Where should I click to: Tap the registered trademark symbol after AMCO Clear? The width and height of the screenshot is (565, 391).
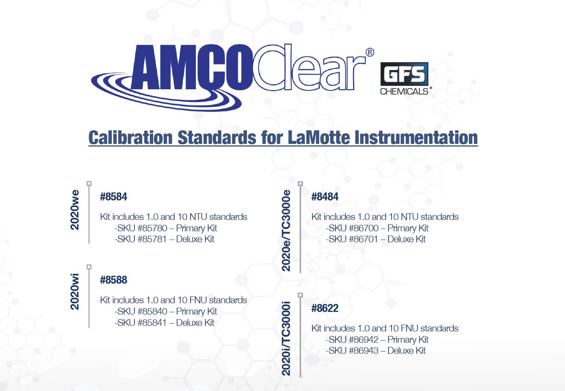[370, 52]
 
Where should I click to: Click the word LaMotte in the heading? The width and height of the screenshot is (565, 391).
[318, 137]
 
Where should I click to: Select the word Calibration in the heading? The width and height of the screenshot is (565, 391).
[130, 137]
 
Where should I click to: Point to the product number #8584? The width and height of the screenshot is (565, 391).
[114, 197]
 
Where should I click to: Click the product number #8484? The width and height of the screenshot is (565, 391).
[325, 197]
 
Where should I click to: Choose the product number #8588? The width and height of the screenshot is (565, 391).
[114, 280]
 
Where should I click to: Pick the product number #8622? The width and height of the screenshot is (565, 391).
[325, 308]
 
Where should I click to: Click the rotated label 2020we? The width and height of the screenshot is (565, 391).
[75, 210]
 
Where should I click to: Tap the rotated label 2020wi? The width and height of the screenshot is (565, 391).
[75, 292]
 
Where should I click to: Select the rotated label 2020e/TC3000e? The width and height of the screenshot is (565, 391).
[286, 231]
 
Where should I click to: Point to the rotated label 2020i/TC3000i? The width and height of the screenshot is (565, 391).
[286, 338]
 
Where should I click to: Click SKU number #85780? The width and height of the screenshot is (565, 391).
[152, 228]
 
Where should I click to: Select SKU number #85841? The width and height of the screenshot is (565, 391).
[152, 322]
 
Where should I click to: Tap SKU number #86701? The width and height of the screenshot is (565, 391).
[364, 239]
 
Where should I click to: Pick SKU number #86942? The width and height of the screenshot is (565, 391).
[364, 340]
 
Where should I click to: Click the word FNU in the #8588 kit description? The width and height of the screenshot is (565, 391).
[198, 300]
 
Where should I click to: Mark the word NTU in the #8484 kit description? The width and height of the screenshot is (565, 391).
[410, 217]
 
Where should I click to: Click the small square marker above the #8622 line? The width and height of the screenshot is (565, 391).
[300, 295]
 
